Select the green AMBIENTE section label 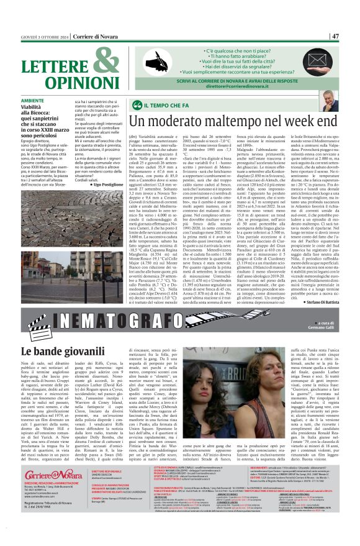tap(32, 101)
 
